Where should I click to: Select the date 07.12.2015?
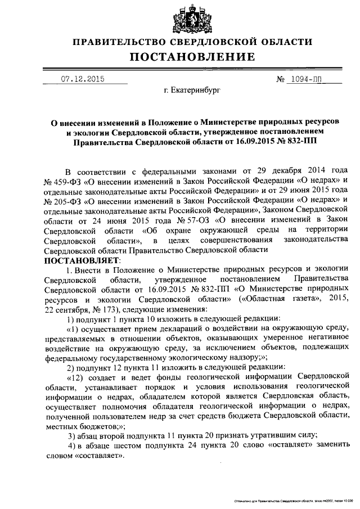82,79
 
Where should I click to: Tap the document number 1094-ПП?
308,79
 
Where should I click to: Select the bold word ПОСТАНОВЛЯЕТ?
78,262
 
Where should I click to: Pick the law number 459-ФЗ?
62,180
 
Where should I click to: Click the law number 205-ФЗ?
62,200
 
